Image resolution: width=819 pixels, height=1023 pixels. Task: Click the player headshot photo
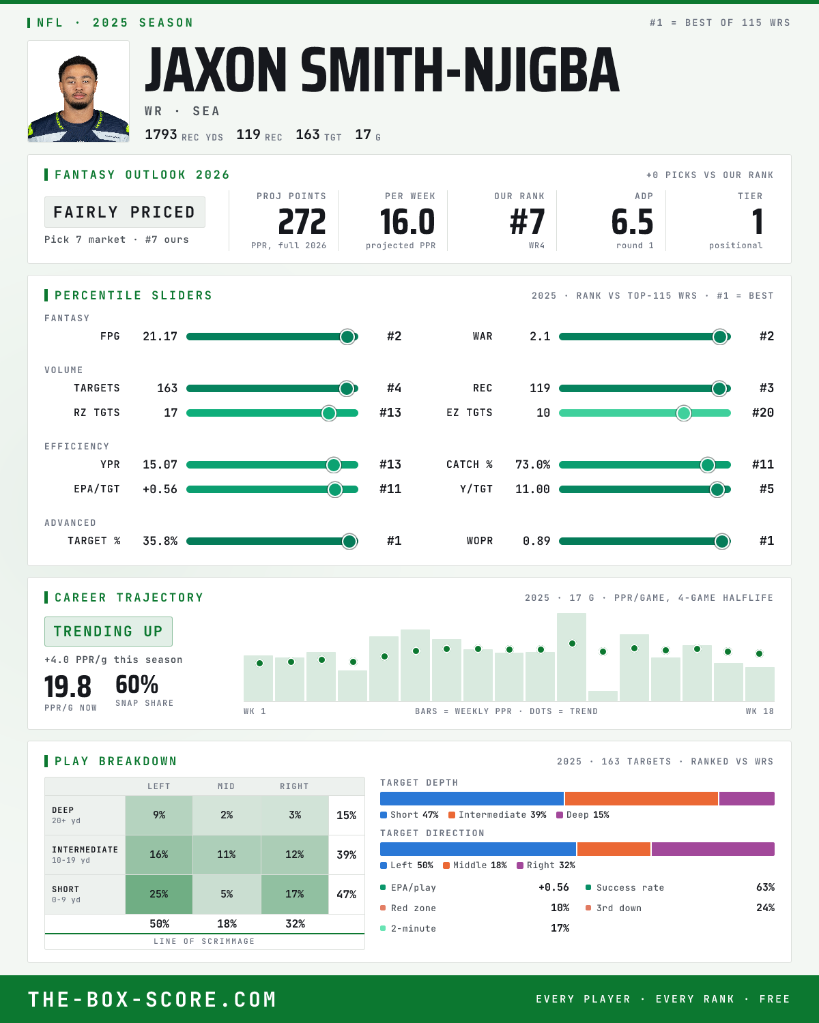[78, 91]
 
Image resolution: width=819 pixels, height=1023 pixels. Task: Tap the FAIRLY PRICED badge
[125, 212]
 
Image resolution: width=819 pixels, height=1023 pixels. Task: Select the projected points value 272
[302, 222]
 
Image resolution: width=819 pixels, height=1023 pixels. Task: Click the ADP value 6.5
[632, 222]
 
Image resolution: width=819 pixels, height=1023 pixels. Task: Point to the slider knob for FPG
[347, 336]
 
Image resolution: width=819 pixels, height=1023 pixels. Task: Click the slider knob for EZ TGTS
[684, 413]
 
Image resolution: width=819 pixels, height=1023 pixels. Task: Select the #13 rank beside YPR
[390, 464]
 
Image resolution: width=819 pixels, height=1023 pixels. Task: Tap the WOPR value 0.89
[536, 541]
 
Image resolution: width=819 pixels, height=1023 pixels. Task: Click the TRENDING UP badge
[109, 632]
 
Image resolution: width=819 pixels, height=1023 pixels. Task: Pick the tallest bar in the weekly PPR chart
[571, 657]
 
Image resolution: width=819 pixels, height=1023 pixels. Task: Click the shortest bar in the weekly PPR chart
[603, 696]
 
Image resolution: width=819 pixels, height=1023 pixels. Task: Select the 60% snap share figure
[136, 685]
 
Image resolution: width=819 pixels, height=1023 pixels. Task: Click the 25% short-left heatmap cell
[159, 894]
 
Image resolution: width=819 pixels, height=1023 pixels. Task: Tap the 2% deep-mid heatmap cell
[227, 815]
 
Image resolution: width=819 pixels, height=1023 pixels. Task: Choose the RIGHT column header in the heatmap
[294, 786]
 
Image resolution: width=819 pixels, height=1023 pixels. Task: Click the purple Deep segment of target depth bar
[747, 799]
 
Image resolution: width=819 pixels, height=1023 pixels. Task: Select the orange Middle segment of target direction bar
[614, 849]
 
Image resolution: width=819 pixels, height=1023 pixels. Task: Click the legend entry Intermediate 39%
[498, 815]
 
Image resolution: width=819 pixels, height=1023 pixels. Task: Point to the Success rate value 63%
[765, 887]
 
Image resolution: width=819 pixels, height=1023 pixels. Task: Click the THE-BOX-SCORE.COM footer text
[152, 999]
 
